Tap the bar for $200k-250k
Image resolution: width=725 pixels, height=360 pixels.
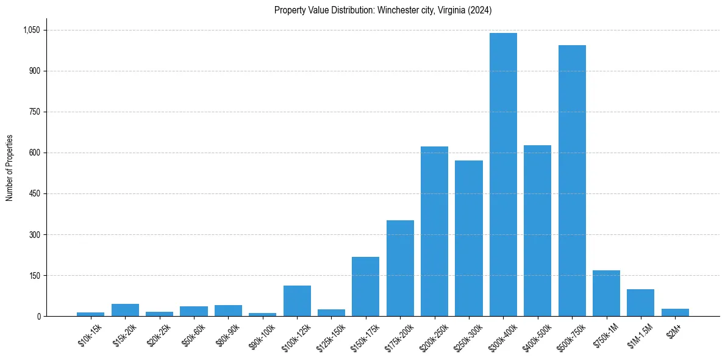[434, 231]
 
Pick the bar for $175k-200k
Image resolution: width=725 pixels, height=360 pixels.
[400, 268]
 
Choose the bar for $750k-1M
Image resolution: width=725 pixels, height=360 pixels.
[606, 293]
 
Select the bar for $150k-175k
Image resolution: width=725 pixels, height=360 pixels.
[365, 286]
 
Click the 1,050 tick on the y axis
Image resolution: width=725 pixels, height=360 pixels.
[31, 30]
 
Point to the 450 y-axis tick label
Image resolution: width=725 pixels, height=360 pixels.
[35, 193]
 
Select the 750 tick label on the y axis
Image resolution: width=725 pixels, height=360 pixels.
[35, 112]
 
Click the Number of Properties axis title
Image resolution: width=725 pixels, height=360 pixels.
[9, 168]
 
